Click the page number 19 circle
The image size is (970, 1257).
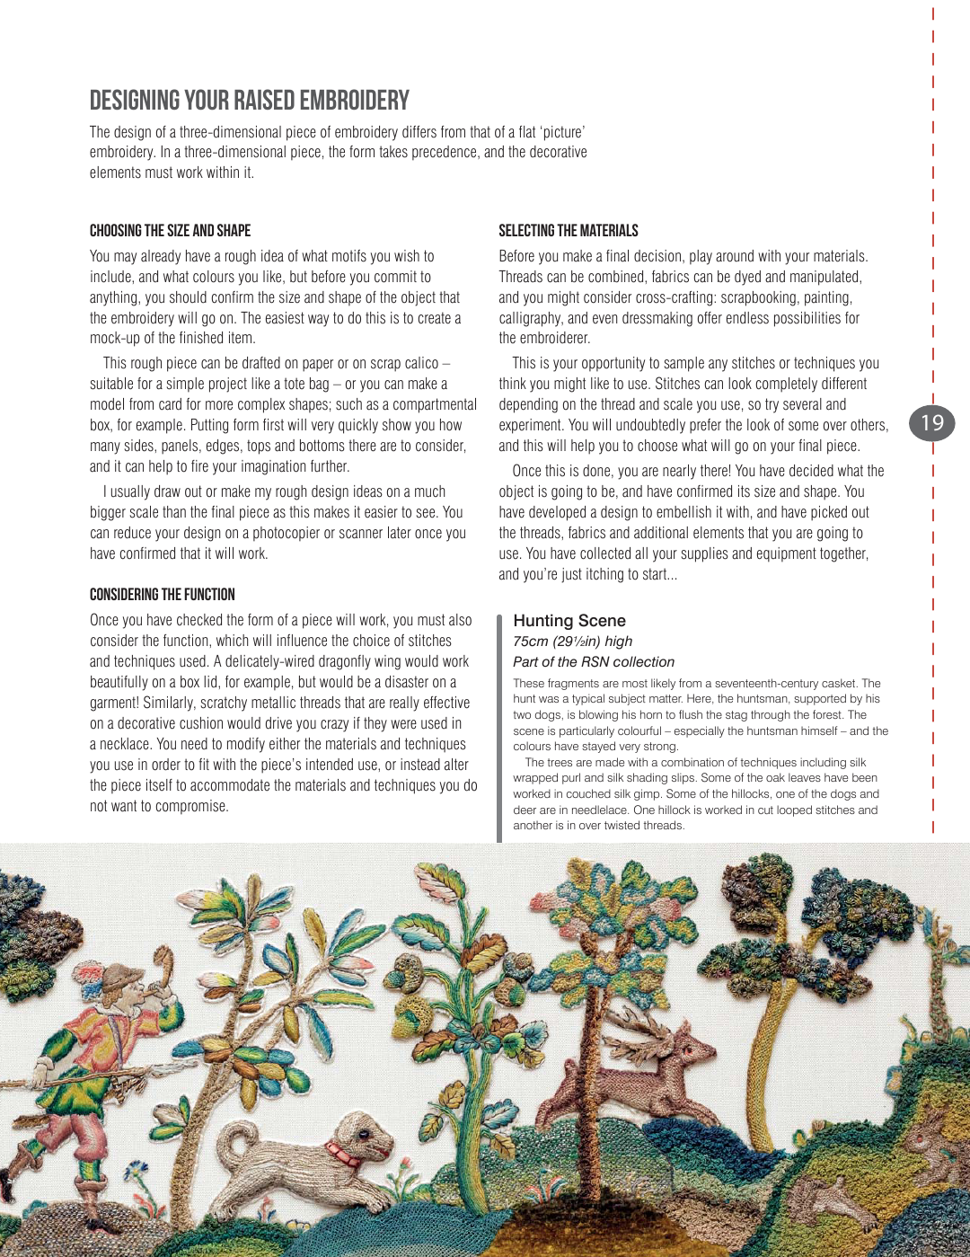coord(932,422)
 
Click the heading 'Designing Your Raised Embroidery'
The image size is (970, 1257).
coord(249,101)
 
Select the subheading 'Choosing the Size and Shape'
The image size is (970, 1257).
coord(170,231)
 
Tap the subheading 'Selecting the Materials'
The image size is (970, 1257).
coord(568,231)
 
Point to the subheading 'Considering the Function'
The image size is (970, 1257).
coord(162,595)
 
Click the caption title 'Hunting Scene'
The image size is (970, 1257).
coord(569,621)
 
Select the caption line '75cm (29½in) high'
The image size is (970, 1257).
coord(572,642)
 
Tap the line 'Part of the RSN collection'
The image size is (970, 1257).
coord(593,662)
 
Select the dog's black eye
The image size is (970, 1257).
coord(363,1135)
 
